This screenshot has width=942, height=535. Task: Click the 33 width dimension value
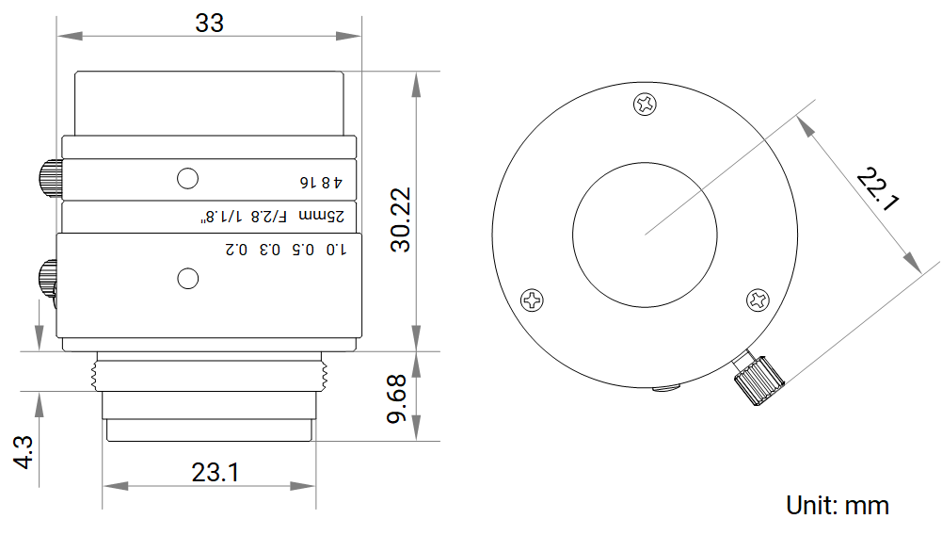point(209,24)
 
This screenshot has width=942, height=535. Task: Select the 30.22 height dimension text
point(401,219)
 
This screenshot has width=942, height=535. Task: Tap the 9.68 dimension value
point(396,399)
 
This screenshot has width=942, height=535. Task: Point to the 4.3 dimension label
point(24,452)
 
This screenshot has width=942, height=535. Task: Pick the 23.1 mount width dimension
point(216,473)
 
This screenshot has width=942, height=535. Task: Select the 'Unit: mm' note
point(838,506)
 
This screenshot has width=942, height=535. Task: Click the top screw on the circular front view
point(645,104)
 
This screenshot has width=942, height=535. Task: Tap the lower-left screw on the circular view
point(532,300)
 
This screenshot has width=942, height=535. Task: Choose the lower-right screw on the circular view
point(758,300)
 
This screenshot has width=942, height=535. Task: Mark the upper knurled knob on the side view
point(51,179)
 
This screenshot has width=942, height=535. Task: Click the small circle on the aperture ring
point(188,179)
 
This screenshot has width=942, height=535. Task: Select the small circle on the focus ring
point(188,278)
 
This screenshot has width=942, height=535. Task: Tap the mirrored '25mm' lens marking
point(322,216)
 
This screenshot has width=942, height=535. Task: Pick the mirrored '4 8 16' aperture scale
point(321,182)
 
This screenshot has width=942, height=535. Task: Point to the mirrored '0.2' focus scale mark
point(236,249)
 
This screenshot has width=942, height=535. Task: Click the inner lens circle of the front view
point(645,162)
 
